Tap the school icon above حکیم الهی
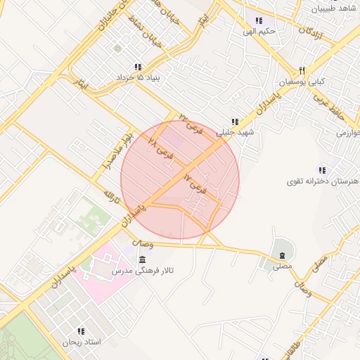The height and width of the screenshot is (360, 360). [x=259, y=20]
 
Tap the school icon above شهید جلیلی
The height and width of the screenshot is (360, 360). [x=235, y=121]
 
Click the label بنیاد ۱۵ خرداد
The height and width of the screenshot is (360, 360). [x=138, y=77]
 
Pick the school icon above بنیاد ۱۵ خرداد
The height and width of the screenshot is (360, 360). [x=138, y=66]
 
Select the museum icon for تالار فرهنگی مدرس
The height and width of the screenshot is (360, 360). [x=142, y=261]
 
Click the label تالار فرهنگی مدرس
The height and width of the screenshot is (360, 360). [x=145, y=271]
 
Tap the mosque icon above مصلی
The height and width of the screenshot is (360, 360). [x=281, y=255]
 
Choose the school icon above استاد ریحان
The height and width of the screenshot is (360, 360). [x=82, y=330]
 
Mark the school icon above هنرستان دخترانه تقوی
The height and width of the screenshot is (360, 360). [x=322, y=170]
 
